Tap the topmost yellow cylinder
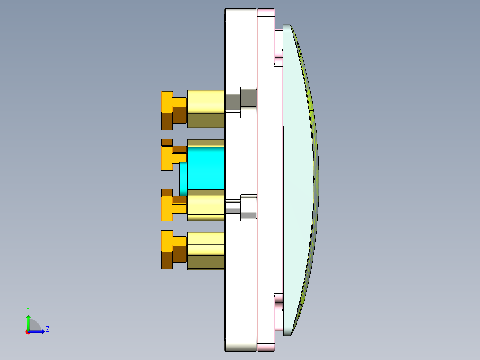(205, 108)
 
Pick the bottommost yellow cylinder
(205, 250)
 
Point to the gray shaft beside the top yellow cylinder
(232, 102)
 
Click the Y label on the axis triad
(28, 309)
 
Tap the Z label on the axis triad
(47, 330)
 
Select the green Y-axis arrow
(28, 321)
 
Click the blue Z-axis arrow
(38, 331)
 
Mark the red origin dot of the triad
(28, 331)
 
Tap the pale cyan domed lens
(298, 178)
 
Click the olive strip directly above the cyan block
(205, 143)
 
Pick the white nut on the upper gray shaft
(248, 102)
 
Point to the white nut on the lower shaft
(248, 207)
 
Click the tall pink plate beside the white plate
(266, 178)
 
